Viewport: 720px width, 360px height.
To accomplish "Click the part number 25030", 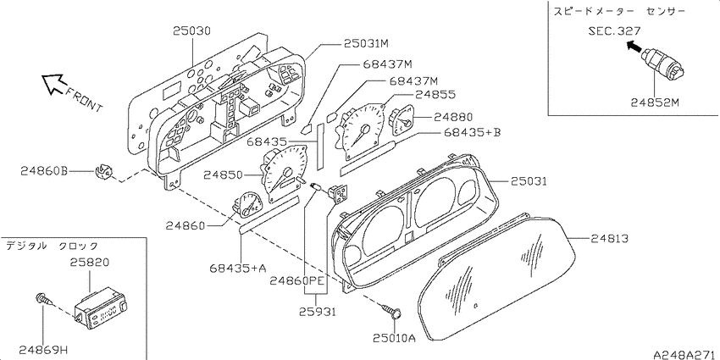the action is [192, 31].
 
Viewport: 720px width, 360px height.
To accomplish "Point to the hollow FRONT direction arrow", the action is [53, 84].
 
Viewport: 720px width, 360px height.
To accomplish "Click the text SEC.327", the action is [614, 31].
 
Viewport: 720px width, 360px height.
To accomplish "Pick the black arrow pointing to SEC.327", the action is [634, 46].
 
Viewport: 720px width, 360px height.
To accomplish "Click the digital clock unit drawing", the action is [102, 307].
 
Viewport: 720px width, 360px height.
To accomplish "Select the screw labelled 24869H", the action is [42, 302].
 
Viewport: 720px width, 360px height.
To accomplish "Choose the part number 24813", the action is [609, 238].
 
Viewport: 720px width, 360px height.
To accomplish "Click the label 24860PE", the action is [291, 280].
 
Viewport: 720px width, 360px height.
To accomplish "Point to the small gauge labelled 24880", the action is [401, 119].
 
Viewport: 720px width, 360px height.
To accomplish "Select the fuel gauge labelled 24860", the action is [247, 204].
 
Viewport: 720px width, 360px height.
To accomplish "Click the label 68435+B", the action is [472, 132].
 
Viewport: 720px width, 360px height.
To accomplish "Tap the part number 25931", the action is [317, 312].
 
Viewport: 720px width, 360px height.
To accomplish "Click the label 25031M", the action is [367, 44].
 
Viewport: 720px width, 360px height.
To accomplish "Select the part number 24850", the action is [223, 175].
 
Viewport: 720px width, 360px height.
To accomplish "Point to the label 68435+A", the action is [238, 268].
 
